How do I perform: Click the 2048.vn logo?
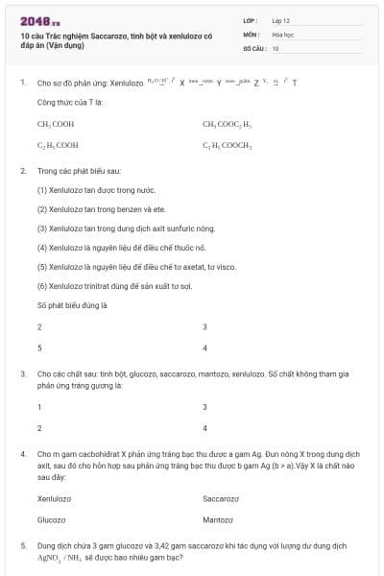[x=39, y=19]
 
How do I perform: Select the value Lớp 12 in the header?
[x=280, y=20]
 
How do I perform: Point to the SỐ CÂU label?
[x=254, y=47]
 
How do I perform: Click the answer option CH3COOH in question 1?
[x=57, y=124]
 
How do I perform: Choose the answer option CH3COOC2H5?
[x=227, y=124]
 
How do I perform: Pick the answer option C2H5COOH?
[x=58, y=145]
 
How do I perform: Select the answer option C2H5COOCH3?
[x=227, y=145]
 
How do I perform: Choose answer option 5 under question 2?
[x=39, y=348]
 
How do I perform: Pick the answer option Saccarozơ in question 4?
[x=223, y=499]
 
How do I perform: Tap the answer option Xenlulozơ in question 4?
[x=54, y=499]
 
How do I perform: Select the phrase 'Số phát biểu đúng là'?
[x=72, y=305]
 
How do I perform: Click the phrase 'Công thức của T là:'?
[x=70, y=101]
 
